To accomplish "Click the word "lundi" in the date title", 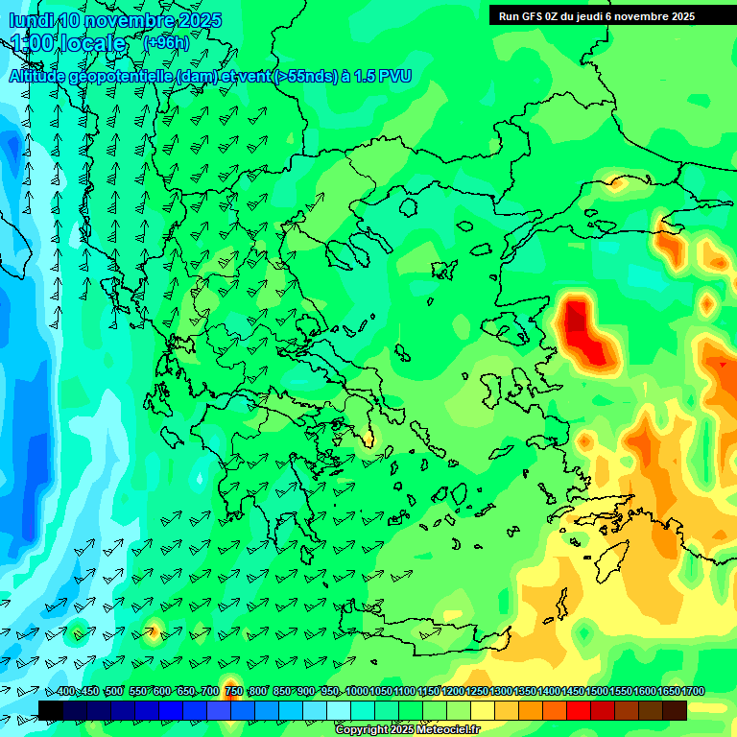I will [32, 20].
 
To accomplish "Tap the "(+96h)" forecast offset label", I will [166, 42].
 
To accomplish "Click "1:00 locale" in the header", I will [68, 43].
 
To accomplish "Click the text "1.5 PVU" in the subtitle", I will [382, 76].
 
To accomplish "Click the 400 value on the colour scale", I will [65, 692].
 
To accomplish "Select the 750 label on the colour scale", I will [233, 692].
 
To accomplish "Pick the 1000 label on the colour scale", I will [357, 692].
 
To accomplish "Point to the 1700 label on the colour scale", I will [693, 692].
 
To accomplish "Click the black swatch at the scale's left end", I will [51, 710].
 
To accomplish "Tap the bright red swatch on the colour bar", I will [579, 710].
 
